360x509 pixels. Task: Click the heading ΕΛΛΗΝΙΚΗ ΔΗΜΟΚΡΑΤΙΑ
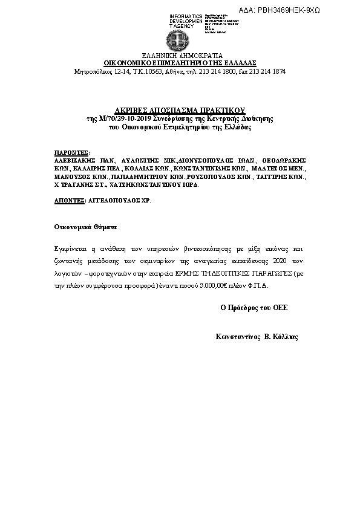[180, 55]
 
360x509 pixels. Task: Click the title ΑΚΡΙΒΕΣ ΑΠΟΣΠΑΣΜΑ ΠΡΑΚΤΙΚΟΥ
[180, 111]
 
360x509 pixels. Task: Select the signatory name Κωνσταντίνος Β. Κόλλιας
[257, 337]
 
